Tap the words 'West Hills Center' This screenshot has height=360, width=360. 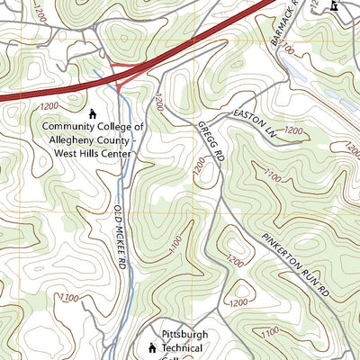[x=91, y=153]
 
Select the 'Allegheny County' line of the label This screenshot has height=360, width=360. [x=91, y=140]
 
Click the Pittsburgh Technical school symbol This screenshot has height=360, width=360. [x=151, y=346]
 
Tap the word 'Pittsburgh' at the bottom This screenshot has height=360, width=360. [x=184, y=334]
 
